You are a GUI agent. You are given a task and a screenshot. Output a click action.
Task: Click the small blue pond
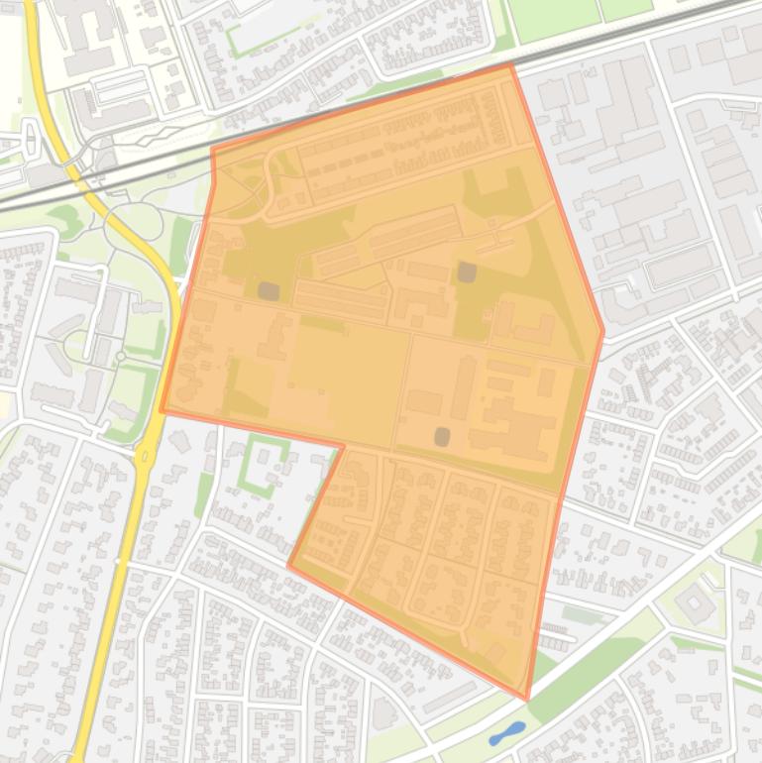pyautogui.click(x=506, y=733)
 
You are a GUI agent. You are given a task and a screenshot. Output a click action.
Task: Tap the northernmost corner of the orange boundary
pyautogui.click(x=510, y=64)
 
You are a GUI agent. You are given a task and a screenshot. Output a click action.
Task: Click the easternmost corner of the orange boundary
pyautogui.click(x=602, y=333)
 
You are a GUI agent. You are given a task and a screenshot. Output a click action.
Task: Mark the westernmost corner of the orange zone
pyautogui.click(x=163, y=409)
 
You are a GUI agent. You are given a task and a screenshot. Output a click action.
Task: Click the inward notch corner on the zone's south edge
pyautogui.click(x=343, y=447)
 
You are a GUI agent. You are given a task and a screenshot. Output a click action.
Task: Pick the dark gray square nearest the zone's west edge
pyautogui.click(x=268, y=290)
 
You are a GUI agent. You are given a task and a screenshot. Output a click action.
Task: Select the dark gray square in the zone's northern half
pyautogui.click(x=465, y=271)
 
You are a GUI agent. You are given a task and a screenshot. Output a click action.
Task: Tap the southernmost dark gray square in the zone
pyautogui.click(x=442, y=435)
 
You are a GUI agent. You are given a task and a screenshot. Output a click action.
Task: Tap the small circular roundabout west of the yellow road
pyautogui.click(x=121, y=356)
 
